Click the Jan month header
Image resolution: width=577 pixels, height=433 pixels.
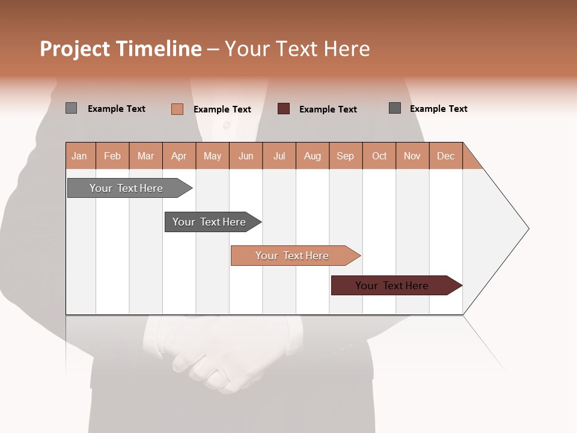pos(79,156)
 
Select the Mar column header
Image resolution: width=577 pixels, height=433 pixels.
pos(145,156)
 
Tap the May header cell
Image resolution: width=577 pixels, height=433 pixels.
pos(212,156)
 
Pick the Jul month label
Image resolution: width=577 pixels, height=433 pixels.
pos(279,156)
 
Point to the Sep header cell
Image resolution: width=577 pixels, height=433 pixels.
pos(345,156)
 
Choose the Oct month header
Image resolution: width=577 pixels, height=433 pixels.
pos(379,156)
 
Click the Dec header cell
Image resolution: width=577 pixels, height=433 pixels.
pos(445,156)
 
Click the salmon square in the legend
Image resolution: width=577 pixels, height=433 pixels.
pos(177,109)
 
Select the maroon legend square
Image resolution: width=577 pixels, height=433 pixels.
pos(284,109)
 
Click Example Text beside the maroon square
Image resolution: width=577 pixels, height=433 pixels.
pos(328,109)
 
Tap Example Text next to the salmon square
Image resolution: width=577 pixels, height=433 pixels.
pos(222,109)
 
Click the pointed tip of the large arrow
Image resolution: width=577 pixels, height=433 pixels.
pos(527,229)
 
